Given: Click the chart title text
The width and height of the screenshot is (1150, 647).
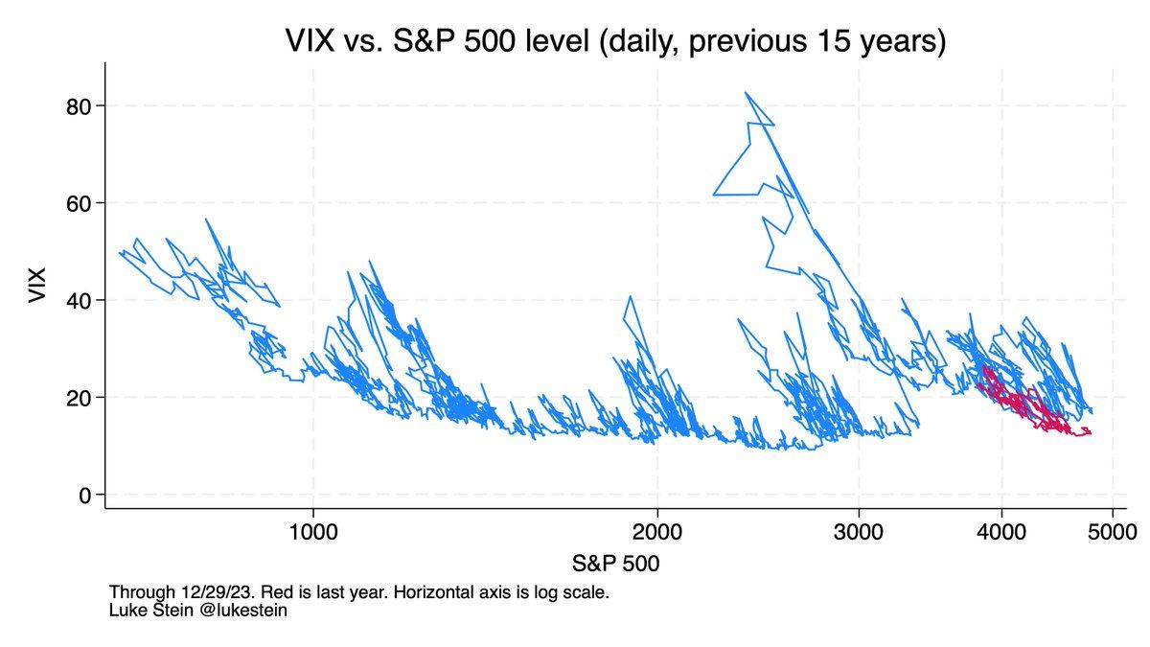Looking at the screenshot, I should coord(616,41).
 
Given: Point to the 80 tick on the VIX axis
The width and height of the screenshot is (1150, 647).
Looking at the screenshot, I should coord(80,105).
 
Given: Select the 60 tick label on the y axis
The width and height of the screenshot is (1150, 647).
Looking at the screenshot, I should coord(80,203).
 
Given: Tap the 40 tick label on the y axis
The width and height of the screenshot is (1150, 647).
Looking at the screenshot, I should coord(80,300).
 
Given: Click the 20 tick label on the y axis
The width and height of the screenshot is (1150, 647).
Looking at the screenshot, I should coord(80,398).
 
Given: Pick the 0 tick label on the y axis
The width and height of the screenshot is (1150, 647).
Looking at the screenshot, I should coord(86,495).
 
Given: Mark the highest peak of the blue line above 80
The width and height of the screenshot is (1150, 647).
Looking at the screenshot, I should coord(746,93).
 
